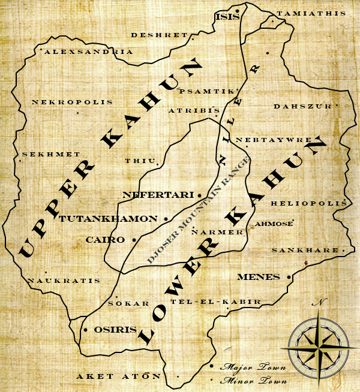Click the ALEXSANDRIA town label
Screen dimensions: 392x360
tap(89, 52)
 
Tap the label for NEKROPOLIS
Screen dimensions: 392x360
tap(73, 102)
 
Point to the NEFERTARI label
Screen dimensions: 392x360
tap(158, 195)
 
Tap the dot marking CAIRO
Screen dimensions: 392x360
tap(133, 240)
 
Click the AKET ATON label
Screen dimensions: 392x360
tap(118, 376)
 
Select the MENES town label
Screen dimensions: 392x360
tap(259, 277)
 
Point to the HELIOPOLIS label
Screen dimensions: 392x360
tap(308, 204)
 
